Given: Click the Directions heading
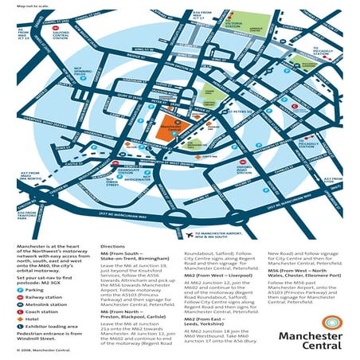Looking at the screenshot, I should click(x=114, y=248).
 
